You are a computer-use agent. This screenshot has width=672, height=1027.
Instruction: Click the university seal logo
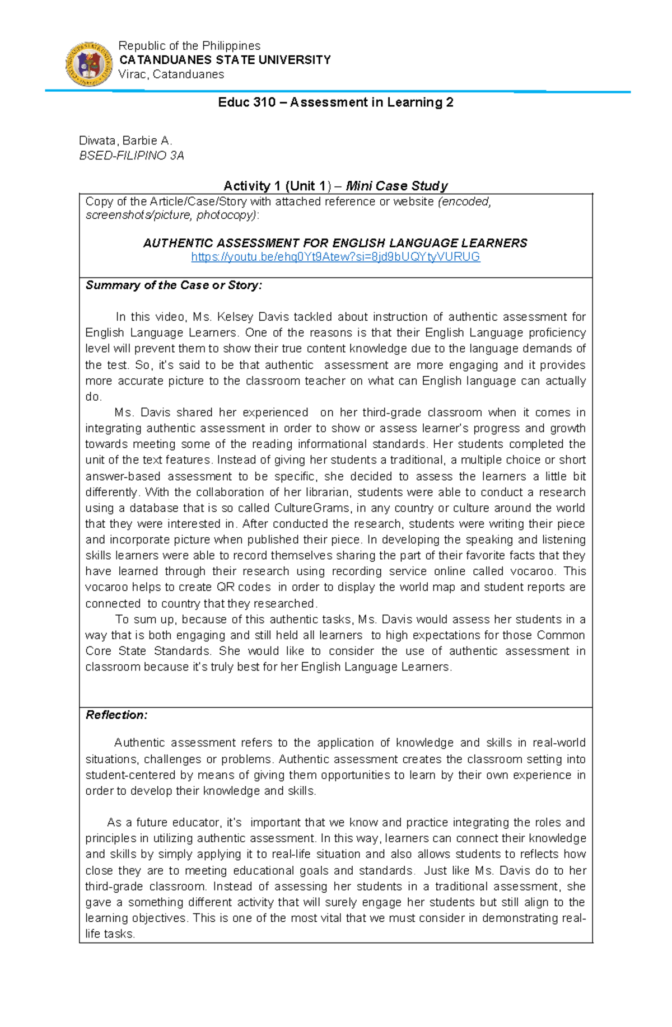pos(89,64)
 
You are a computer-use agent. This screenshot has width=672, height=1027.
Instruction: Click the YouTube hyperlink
pos(335,257)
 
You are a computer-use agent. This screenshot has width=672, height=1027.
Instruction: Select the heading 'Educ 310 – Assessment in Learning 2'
pos(335,102)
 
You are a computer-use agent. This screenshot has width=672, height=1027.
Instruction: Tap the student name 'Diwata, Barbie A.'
pos(125,140)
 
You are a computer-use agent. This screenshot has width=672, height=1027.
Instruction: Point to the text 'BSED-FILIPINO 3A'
pos(132,156)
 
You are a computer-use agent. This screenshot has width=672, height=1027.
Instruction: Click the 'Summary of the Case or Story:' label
pos(174,285)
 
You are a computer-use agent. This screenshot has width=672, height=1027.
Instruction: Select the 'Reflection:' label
pos(116,715)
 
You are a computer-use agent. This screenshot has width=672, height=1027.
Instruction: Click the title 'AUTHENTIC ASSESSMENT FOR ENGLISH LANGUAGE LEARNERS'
pos(335,243)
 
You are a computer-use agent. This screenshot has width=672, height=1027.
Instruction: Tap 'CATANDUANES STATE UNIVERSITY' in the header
pos(225,60)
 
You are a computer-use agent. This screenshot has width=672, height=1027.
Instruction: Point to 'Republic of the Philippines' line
pos(189,46)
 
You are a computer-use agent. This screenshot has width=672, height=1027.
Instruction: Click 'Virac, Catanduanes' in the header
pos(171,74)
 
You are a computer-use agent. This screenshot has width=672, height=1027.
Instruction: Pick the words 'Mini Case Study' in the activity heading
pos(397,186)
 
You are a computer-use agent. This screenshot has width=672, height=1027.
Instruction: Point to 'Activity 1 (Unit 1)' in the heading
pos(277,186)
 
